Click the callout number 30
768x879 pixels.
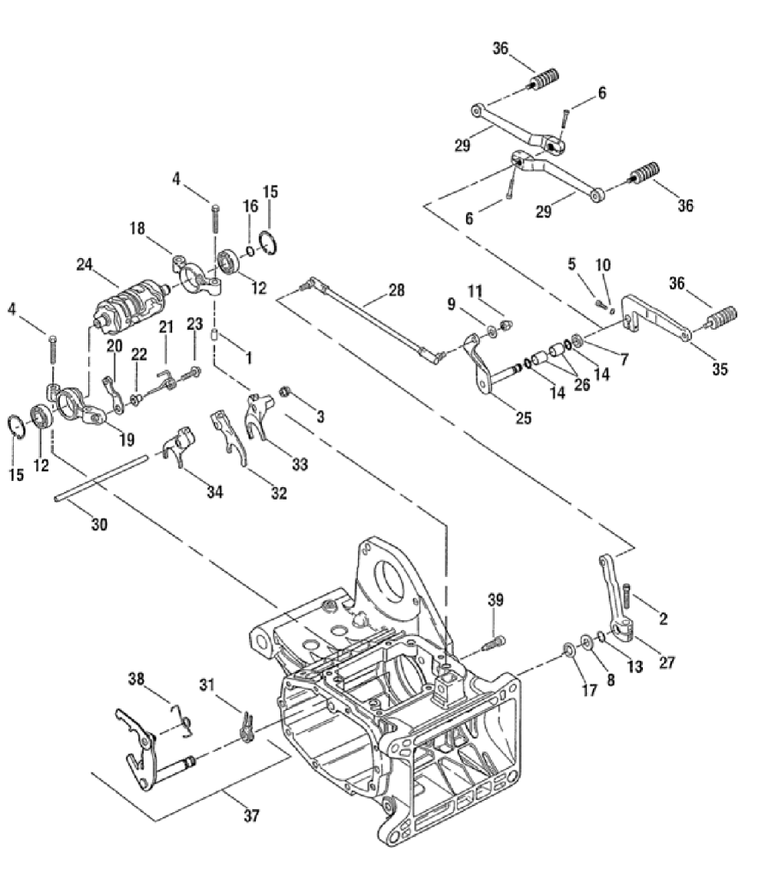click(x=100, y=526)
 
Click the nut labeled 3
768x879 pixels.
click(x=284, y=393)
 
